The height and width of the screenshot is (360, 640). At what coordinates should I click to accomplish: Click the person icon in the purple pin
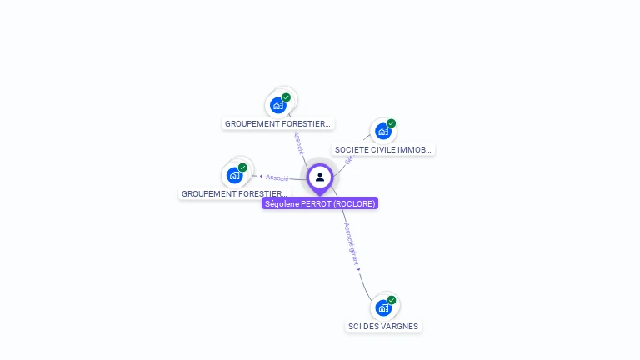point(320,177)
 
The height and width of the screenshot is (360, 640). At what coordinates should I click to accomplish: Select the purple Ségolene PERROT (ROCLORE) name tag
point(320,203)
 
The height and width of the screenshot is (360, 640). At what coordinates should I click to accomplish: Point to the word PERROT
point(316,203)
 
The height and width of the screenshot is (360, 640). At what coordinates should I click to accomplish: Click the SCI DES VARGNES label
point(383,326)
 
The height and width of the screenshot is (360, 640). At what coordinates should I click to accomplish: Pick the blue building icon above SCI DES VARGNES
point(383,307)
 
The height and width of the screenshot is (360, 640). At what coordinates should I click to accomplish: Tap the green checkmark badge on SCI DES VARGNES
point(392,300)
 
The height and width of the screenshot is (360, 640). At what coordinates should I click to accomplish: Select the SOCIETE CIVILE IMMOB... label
point(383,150)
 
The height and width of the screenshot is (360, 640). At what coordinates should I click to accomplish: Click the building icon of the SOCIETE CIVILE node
point(382,131)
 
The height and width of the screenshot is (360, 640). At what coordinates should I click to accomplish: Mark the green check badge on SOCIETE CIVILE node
point(392,123)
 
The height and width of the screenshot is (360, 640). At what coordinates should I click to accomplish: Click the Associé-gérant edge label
point(352,242)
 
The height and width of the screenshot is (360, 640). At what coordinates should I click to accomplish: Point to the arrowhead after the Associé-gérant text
point(359,268)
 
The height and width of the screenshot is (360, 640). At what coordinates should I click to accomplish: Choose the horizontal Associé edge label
point(277,177)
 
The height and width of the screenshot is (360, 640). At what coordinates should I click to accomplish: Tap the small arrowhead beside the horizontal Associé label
point(261,176)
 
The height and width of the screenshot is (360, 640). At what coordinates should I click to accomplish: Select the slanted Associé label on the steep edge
point(299,142)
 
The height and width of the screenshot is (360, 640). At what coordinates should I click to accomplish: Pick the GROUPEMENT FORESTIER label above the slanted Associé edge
point(277,123)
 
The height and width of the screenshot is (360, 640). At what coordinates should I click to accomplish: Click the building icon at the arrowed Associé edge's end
point(234,175)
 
